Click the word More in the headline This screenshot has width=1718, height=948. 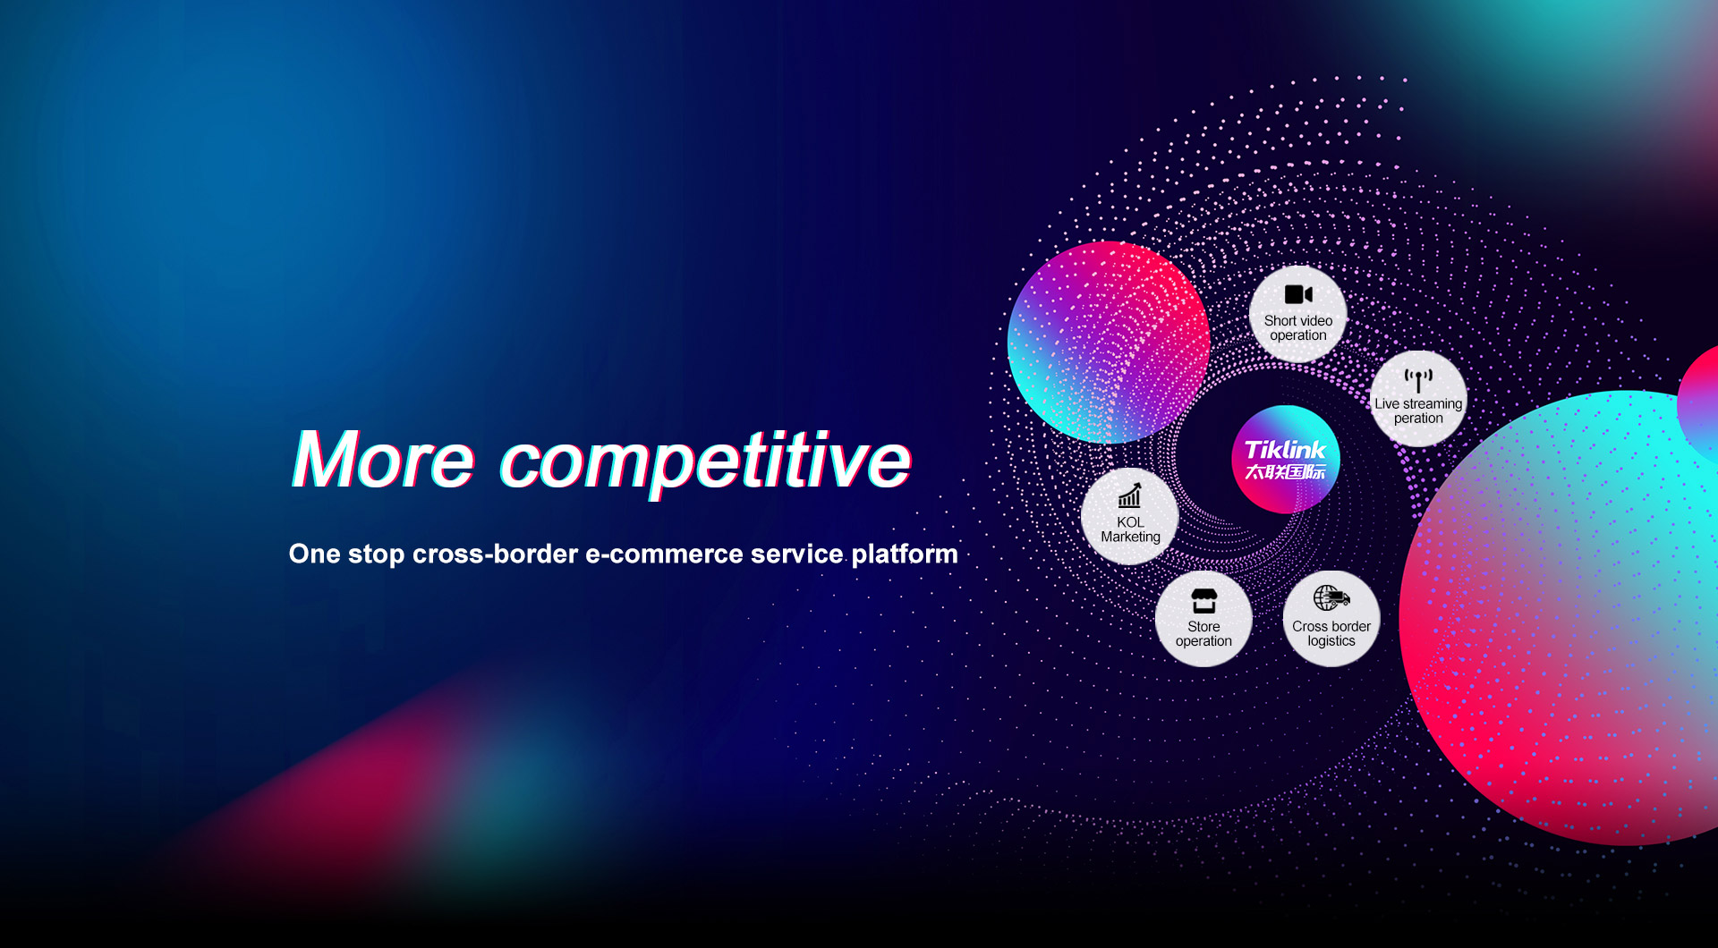click(384, 460)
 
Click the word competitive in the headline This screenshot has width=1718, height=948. click(705, 461)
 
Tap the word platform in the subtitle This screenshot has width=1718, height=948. click(905, 555)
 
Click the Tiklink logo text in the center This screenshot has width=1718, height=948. click(1285, 450)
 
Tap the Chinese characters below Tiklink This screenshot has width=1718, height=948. click(1285, 472)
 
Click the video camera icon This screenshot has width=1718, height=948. click(1298, 294)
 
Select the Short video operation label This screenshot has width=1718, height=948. click(1298, 328)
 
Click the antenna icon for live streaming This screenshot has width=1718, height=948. click(1418, 380)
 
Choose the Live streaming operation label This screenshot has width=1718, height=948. click(1418, 411)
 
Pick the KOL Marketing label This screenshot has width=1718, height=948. click(1130, 529)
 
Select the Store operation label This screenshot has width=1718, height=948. click(1203, 634)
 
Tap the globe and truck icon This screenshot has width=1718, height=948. click(1331, 597)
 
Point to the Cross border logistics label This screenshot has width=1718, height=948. click(1331, 634)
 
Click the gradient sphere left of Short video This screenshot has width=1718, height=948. click(1109, 343)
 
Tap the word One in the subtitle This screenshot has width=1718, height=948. click(314, 554)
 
